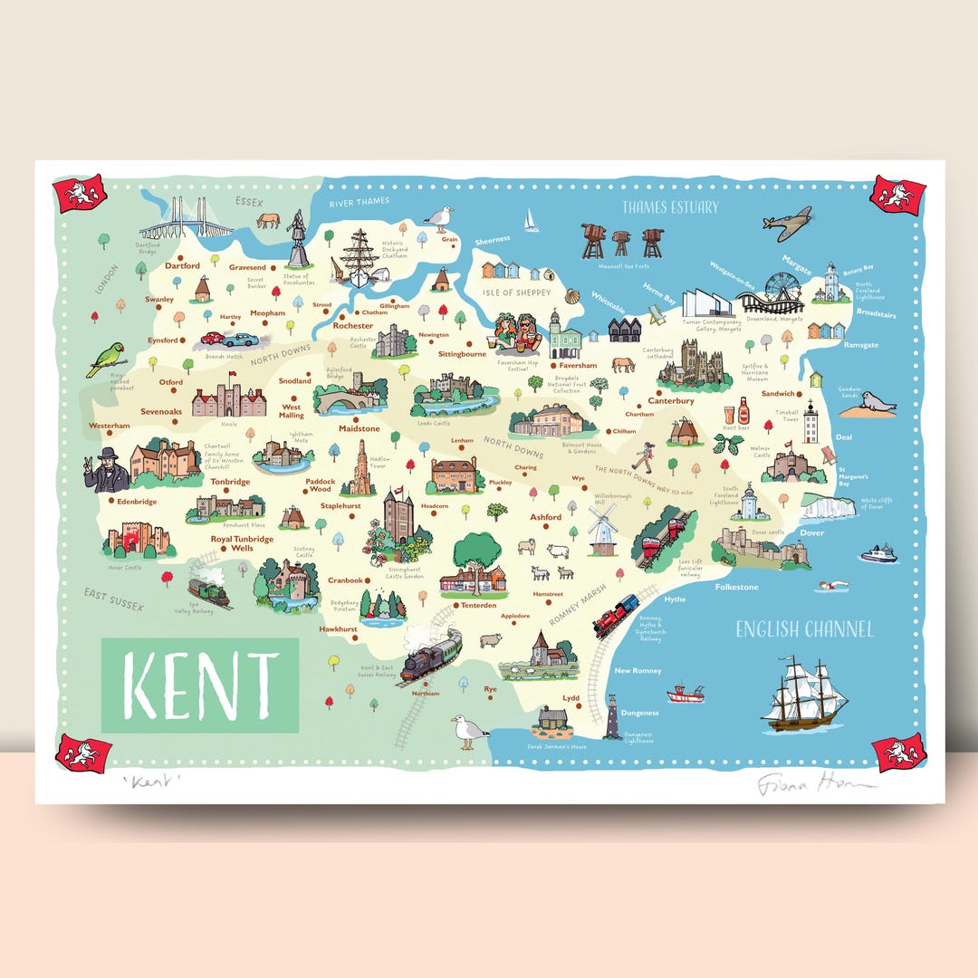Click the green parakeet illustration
click(105, 358)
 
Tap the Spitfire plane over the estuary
click(786, 223)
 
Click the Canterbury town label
click(671, 400)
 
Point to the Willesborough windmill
click(602, 528)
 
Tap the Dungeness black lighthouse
click(611, 720)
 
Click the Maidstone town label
click(359, 428)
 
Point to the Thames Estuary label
click(669, 207)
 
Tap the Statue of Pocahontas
click(297, 239)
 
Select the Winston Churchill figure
click(108, 469)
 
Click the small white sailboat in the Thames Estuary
click(531, 220)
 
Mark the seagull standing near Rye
click(468, 730)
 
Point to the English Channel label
click(803, 629)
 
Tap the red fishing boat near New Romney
click(686, 694)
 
